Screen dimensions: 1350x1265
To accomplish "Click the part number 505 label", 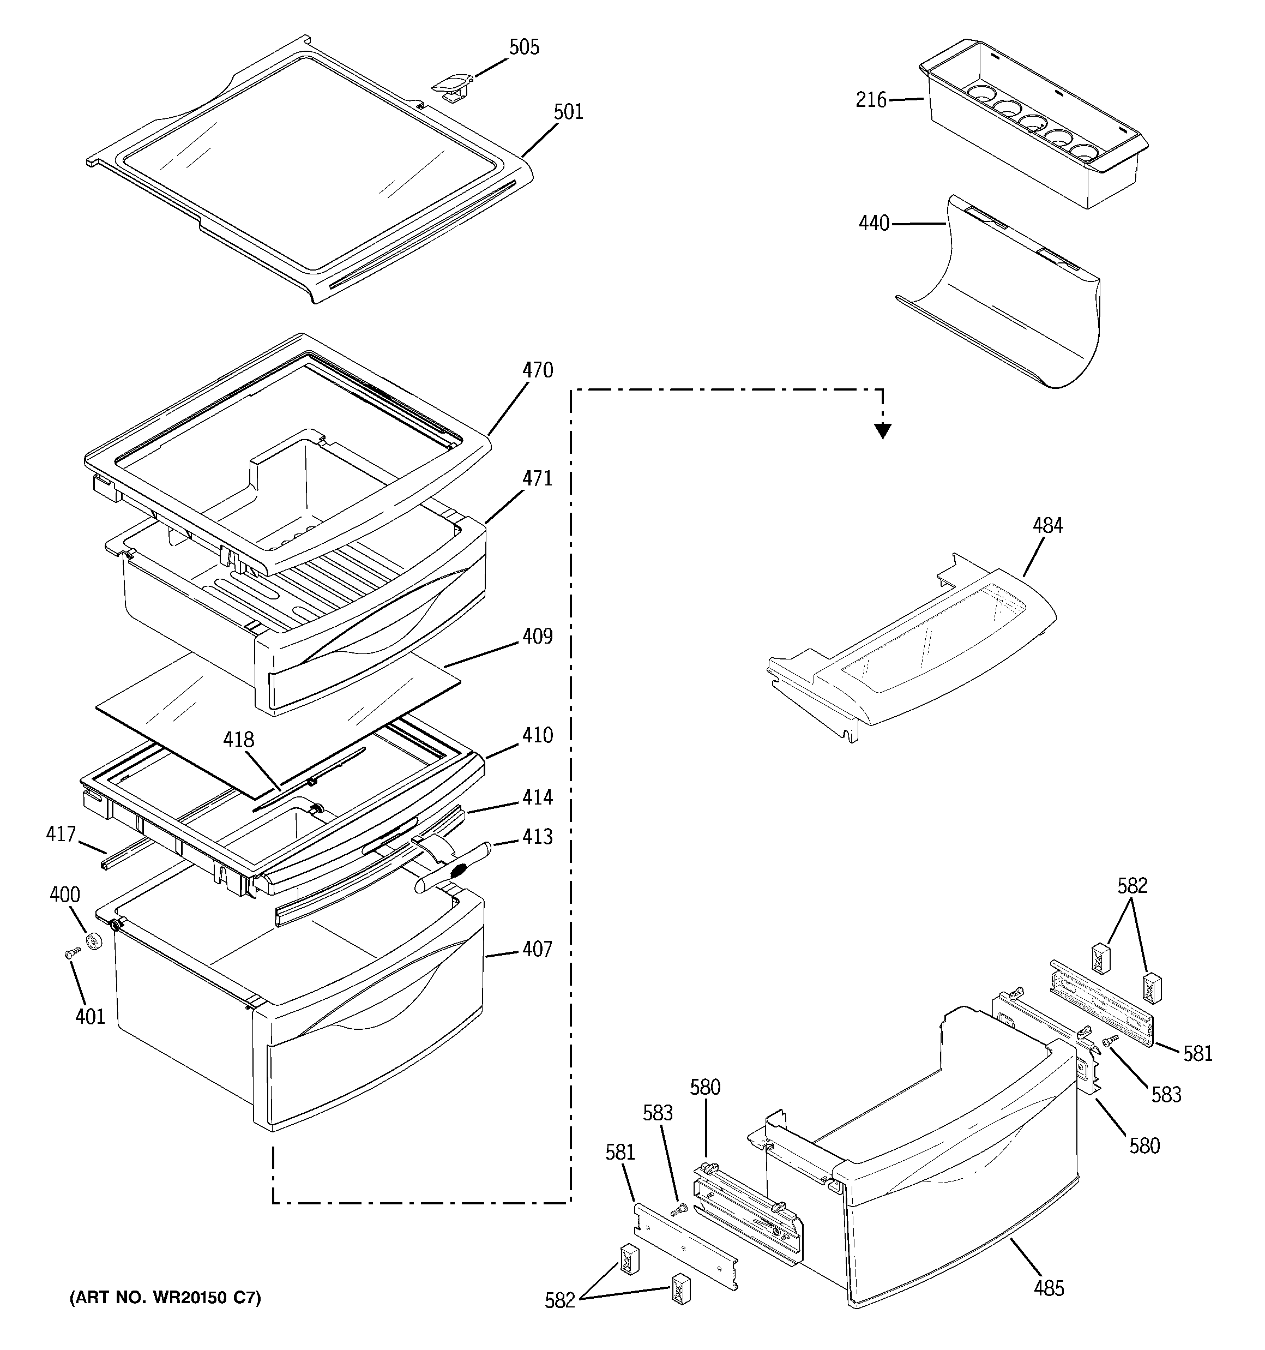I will (x=524, y=47).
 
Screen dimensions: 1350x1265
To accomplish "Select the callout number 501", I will (x=568, y=111).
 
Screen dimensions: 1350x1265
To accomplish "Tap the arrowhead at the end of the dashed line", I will (x=882, y=430).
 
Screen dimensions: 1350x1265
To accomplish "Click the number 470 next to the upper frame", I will (x=537, y=370).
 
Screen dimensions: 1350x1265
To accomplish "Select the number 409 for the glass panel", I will (x=537, y=637).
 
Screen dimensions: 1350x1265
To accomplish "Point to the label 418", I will (x=238, y=739).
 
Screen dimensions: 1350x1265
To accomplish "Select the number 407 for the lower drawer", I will (x=537, y=949).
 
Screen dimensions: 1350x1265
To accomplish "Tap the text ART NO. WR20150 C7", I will (x=165, y=1298).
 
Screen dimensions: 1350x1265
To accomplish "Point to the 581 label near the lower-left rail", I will (x=620, y=1153).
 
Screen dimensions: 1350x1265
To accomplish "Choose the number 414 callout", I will (x=537, y=797).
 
